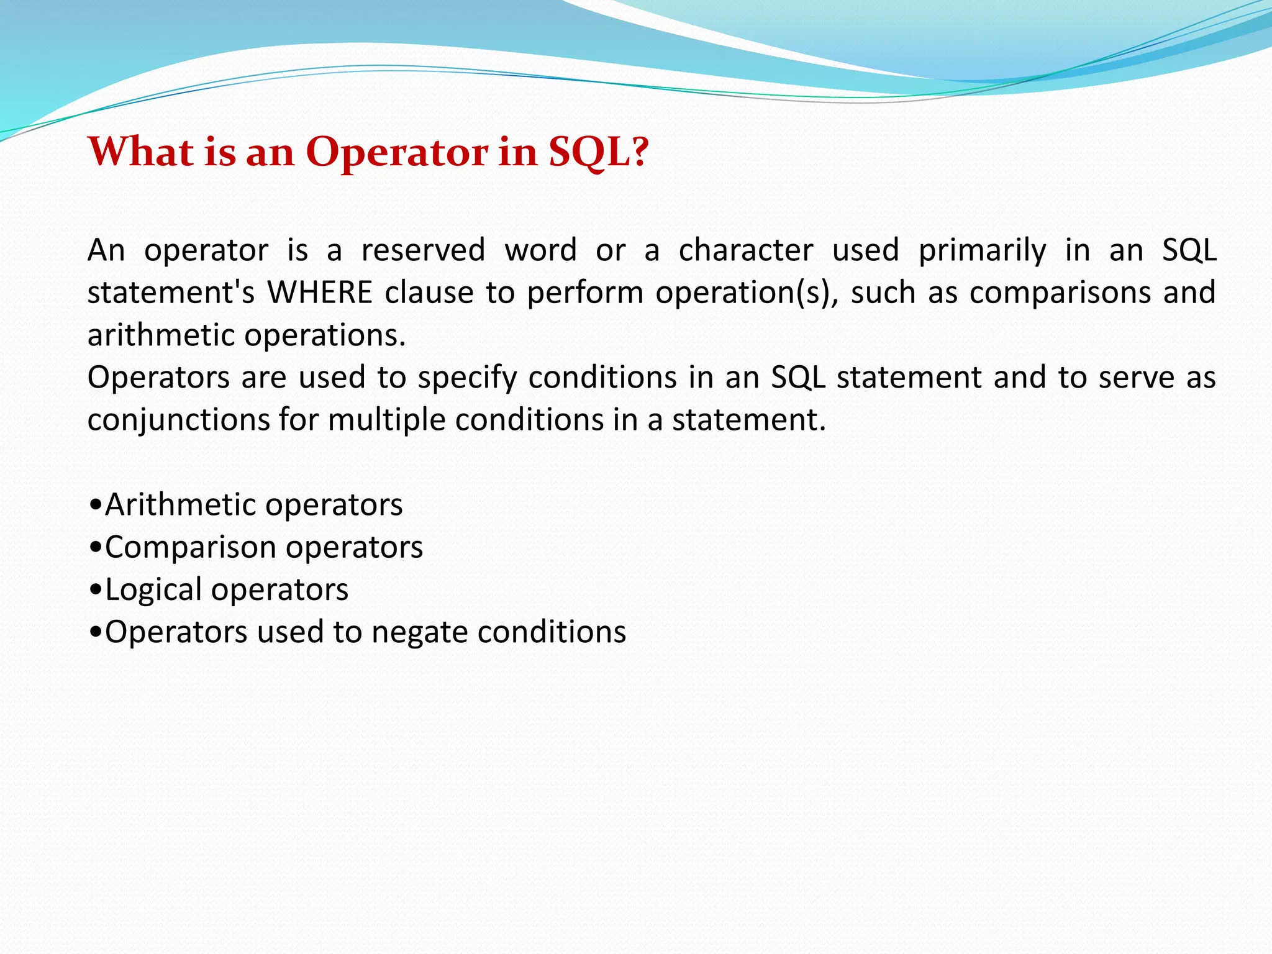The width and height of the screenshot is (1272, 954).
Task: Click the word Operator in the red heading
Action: coord(397,152)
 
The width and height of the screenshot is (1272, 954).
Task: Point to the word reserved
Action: coord(423,250)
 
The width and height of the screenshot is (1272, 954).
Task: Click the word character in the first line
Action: coord(745,250)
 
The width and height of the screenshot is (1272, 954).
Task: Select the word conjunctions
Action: coord(178,420)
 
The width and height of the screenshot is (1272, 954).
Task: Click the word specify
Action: coord(467,378)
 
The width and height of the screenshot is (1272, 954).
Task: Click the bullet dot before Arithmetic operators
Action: coord(95,505)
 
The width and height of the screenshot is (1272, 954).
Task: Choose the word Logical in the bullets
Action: coord(153,590)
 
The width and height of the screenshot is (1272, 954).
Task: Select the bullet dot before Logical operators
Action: coord(95,590)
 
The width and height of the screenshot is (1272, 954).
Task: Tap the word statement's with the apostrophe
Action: coord(171,293)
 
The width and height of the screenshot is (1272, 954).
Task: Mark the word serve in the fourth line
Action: coord(1136,378)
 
